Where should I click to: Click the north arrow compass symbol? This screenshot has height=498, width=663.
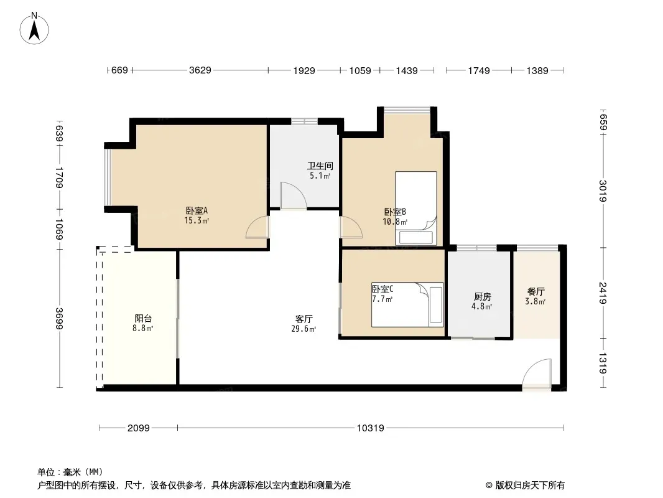click(34, 29)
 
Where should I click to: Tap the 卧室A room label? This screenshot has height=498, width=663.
click(197, 210)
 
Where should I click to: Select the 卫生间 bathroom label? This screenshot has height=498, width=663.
click(320, 166)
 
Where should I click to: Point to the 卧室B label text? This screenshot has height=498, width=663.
click(395, 212)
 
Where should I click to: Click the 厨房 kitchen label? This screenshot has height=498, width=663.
click(483, 296)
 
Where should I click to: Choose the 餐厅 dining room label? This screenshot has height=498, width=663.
click(535, 291)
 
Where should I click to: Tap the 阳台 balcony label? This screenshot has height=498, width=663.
click(143, 318)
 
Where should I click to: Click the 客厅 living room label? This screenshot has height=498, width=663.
click(304, 319)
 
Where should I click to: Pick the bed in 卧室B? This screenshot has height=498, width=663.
click(416, 208)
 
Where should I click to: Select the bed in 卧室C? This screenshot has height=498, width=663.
click(407, 304)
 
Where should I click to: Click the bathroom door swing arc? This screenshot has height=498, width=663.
click(294, 195)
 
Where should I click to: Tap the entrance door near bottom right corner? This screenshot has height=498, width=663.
click(537, 373)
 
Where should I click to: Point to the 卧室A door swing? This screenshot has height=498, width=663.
click(257, 227)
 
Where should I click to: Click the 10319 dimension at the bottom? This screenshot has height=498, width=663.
click(371, 428)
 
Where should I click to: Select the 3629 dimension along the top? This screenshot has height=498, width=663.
click(200, 70)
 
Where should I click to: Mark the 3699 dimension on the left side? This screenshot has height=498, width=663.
click(59, 318)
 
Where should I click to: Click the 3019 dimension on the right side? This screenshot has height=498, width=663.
click(603, 191)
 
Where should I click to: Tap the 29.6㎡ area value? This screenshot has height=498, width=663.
click(304, 329)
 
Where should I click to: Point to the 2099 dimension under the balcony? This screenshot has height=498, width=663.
click(139, 428)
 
